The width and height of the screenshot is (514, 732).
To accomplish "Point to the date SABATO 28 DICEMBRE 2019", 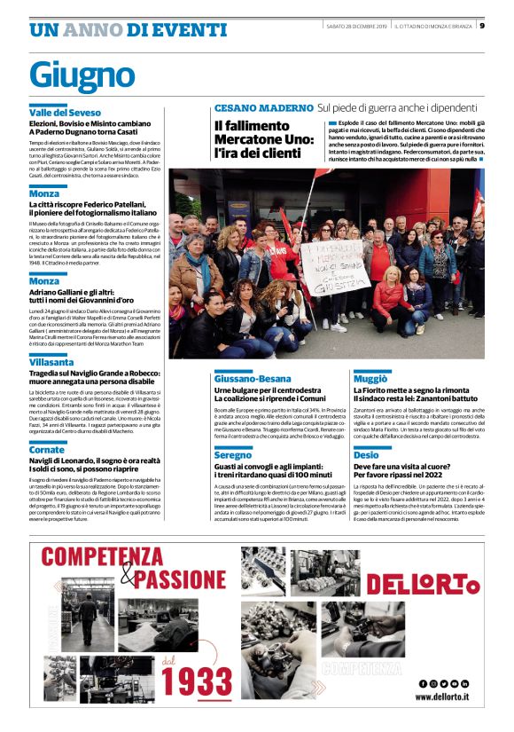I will [356, 25].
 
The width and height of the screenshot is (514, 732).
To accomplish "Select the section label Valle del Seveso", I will [65, 114].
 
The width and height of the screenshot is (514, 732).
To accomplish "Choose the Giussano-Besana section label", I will [254, 378].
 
